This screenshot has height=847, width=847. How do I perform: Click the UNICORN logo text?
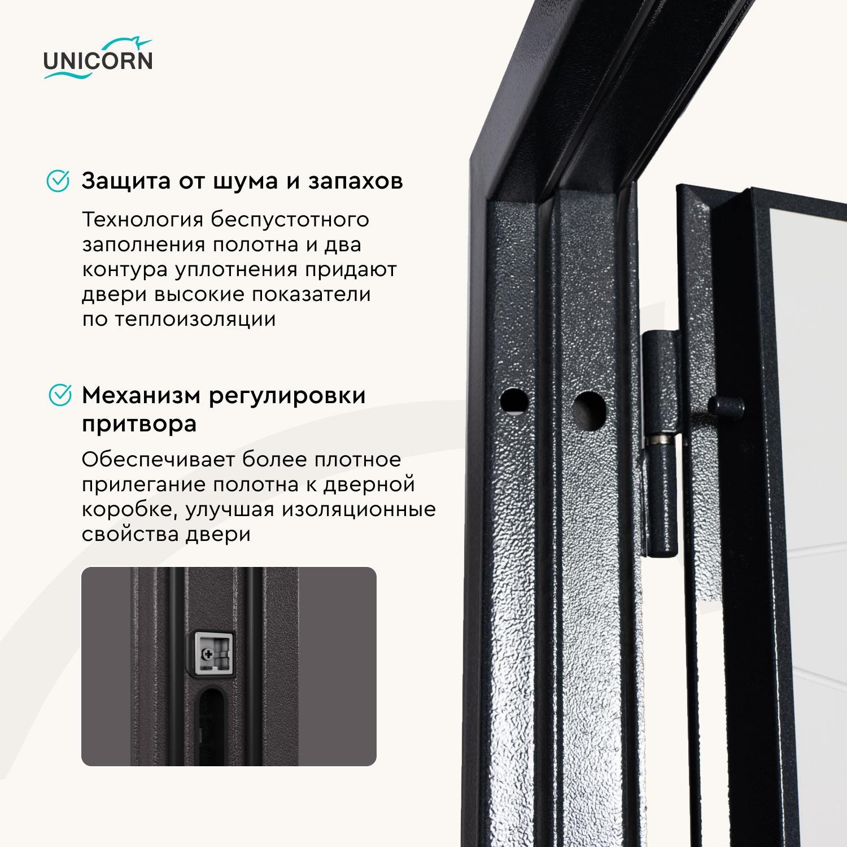pyautogui.click(x=98, y=60)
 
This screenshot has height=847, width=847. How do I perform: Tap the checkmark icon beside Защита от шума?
pyautogui.click(x=58, y=181)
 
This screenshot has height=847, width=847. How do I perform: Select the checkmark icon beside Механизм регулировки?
pyautogui.click(x=60, y=395)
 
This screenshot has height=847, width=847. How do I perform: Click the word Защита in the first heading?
pyautogui.click(x=126, y=181)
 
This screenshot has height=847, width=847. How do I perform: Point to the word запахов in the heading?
pyautogui.click(x=355, y=181)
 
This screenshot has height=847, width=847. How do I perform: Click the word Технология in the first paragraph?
pyautogui.click(x=143, y=219)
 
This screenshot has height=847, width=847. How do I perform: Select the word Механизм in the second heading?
pyautogui.click(x=141, y=395)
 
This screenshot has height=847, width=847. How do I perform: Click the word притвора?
pyautogui.click(x=139, y=424)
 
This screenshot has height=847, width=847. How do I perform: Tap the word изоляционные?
pyautogui.click(x=359, y=509)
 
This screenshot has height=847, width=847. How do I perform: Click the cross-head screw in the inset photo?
pyautogui.click(x=207, y=654)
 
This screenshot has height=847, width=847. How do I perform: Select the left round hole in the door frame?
pyautogui.click(x=514, y=401)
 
